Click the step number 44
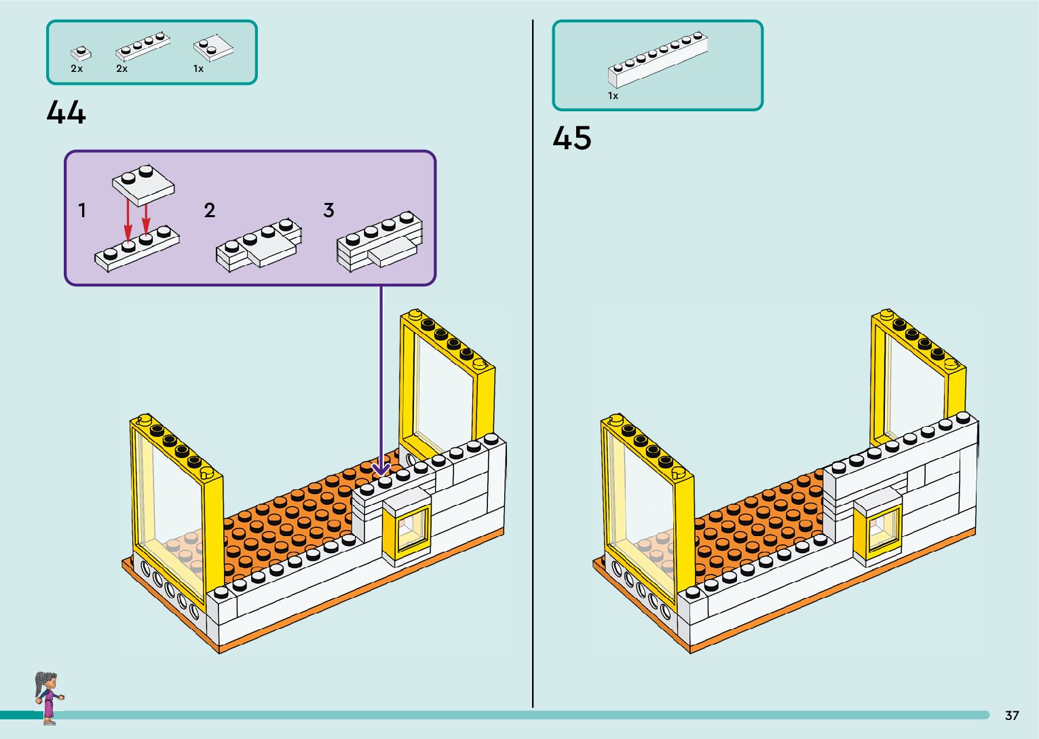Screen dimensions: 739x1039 pyautogui.click(x=66, y=112)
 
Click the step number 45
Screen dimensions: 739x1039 pyautogui.click(x=571, y=138)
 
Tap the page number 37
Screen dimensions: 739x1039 pyautogui.click(x=1012, y=715)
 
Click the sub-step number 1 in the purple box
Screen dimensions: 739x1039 pyautogui.click(x=82, y=210)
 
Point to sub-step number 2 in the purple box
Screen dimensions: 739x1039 pyautogui.click(x=210, y=210)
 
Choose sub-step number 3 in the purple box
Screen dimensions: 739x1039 pyautogui.click(x=328, y=210)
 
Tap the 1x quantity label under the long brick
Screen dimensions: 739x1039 pyautogui.click(x=613, y=96)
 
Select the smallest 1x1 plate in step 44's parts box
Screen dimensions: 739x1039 pyautogui.click(x=81, y=53)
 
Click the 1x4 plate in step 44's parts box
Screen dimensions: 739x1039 pyautogui.click(x=143, y=47)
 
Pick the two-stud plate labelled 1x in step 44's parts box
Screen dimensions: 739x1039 pyautogui.click(x=213, y=48)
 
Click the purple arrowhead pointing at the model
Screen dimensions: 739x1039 pyautogui.click(x=381, y=468)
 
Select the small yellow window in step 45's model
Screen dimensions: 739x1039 pyautogui.click(x=877, y=529)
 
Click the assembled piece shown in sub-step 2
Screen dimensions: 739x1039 pyautogui.click(x=259, y=245)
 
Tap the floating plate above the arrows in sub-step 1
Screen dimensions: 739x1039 pyautogui.click(x=143, y=185)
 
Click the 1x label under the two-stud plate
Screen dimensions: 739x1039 pyautogui.click(x=198, y=69)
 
